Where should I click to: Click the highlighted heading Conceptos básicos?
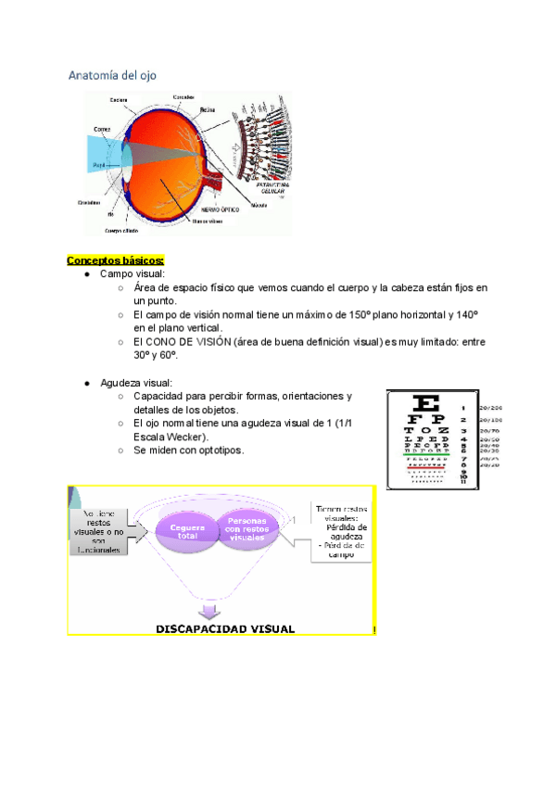115,260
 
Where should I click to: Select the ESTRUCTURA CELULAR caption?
268,188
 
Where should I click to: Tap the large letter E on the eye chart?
427,405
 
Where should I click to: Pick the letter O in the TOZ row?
428,431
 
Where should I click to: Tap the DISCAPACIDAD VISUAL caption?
224,628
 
